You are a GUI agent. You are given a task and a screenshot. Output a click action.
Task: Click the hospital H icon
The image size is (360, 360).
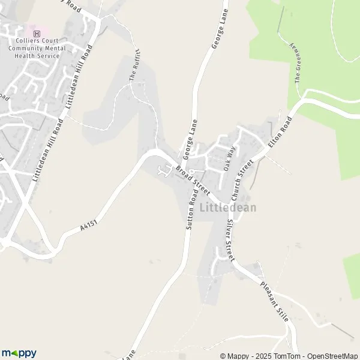[37, 34]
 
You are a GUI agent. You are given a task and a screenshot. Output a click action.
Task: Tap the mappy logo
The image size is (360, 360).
[19, 353]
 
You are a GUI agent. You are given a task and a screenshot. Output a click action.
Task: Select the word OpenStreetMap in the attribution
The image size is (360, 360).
[332, 356]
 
